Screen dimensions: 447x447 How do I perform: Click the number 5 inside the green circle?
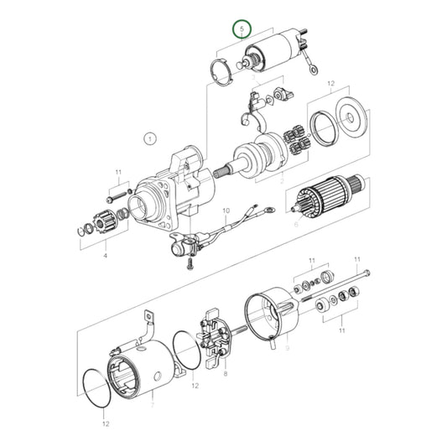coord(242,30)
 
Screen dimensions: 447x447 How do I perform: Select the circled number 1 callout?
coord(150,138)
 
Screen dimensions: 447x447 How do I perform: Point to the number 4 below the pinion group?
coord(105,254)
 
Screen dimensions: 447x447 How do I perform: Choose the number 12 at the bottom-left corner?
coord(105,424)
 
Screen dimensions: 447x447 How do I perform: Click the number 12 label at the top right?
coord(330,85)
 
